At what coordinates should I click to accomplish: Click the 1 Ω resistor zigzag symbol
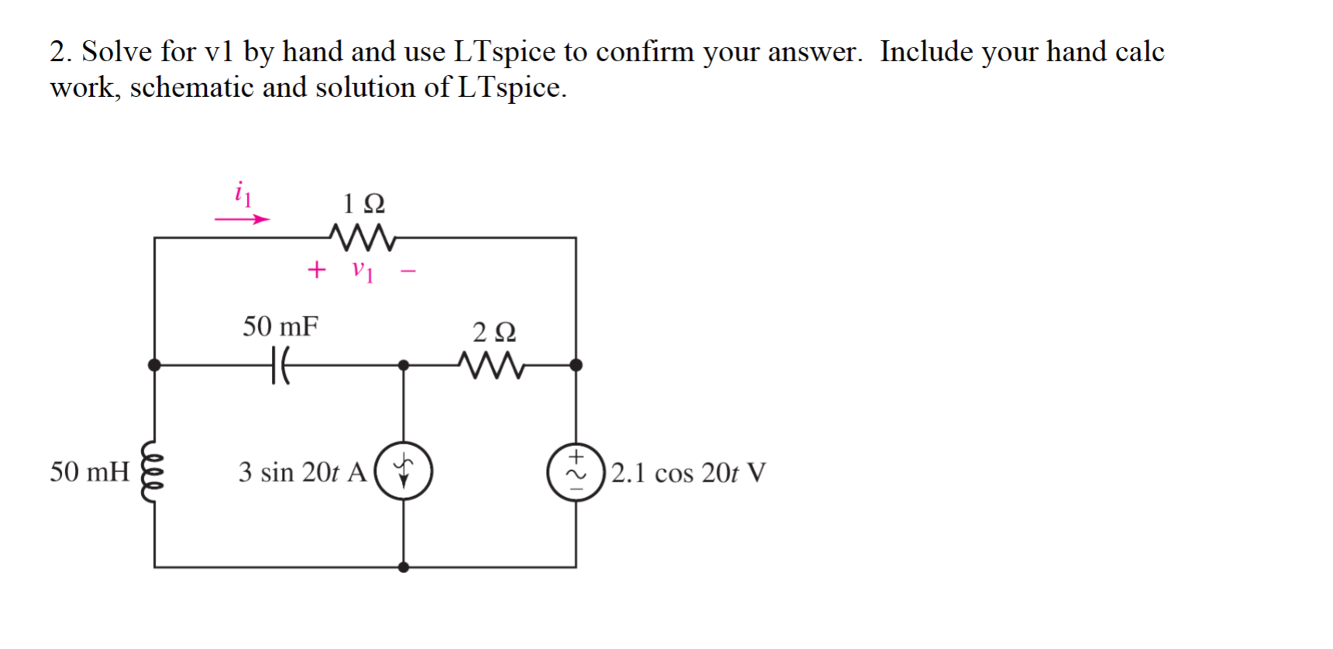[x=362, y=237]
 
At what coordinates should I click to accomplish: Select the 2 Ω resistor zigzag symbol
[x=491, y=364]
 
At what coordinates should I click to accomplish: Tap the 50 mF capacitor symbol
[x=280, y=364]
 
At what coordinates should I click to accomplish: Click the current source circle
[x=404, y=471]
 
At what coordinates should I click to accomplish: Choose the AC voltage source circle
[x=575, y=471]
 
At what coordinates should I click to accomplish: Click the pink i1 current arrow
[x=242, y=219]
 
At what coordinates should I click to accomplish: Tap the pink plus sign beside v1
[x=316, y=270]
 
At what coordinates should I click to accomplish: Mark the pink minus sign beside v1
[x=408, y=271]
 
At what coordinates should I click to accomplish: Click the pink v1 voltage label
[x=362, y=271]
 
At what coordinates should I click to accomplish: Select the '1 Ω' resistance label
[x=363, y=204]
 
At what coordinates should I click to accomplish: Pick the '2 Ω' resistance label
[x=494, y=332]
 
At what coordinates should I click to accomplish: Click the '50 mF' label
[x=280, y=326]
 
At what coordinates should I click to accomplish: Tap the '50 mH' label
[x=89, y=471]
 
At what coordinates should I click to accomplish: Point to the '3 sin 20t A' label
[x=302, y=472]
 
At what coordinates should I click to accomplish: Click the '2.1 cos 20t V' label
[x=688, y=472]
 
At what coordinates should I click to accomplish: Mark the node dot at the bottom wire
[x=404, y=567]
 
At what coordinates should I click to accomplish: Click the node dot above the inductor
[x=154, y=364]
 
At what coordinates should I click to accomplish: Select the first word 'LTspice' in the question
[x=504, y=52]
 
